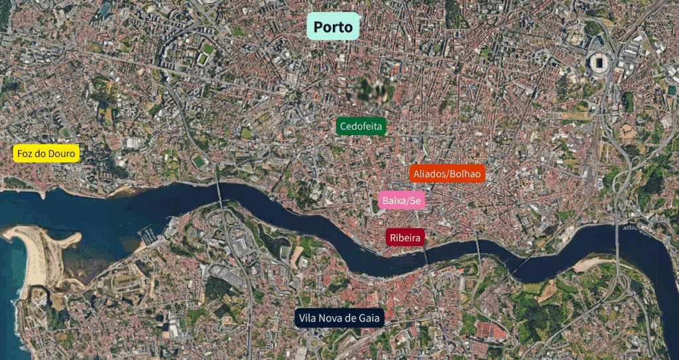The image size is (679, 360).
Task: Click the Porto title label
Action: (x=333, y=27)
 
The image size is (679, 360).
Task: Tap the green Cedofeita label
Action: (x=361, y=126)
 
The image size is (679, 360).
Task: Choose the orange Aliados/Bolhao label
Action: (x=447, y=174)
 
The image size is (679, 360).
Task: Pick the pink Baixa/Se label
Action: (x=402, y=200)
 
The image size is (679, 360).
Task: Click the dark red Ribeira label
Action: (x=405, y=237)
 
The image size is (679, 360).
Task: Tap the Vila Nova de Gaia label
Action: (x=339, y=318)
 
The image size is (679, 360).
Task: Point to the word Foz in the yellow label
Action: (x=26, y=154)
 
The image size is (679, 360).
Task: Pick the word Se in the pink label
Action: (x=415, y=200)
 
